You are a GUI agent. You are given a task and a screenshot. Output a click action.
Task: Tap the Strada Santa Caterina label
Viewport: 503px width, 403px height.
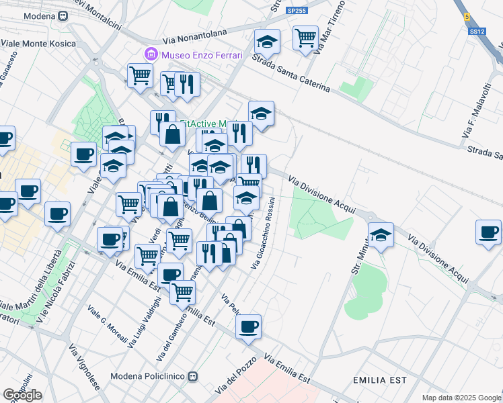tap(292, 73)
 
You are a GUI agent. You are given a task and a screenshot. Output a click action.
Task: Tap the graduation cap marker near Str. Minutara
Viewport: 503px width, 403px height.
tap(381, 234)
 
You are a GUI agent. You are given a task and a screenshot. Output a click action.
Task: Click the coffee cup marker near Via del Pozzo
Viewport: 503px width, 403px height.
tap(249, 326)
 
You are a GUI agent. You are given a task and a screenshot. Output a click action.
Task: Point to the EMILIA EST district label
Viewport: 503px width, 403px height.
tap(380, 380)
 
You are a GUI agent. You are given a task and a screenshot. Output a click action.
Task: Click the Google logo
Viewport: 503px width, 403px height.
tap(22, 394)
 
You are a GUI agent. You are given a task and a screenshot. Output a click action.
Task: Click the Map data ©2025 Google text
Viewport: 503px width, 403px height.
tap(461, 398)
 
